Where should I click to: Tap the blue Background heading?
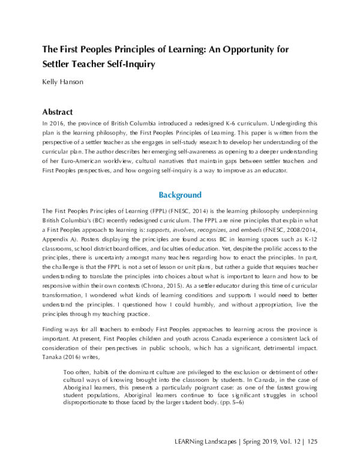click(180, 195)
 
